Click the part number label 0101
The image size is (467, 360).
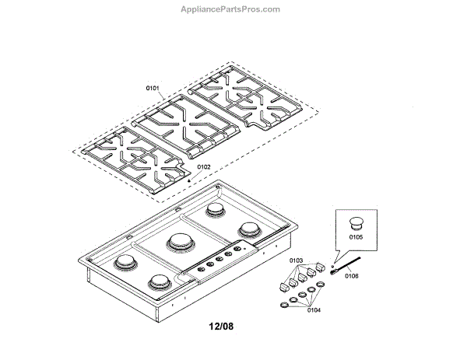pos(153,89)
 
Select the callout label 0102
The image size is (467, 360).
pos(203,166)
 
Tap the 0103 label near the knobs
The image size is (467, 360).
pos(296,260)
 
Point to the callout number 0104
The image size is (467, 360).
pos(313,310)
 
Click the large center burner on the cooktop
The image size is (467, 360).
pos(181,243)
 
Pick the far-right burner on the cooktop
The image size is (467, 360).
pos(250,229)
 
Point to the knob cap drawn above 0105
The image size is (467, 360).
pos(356,221)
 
